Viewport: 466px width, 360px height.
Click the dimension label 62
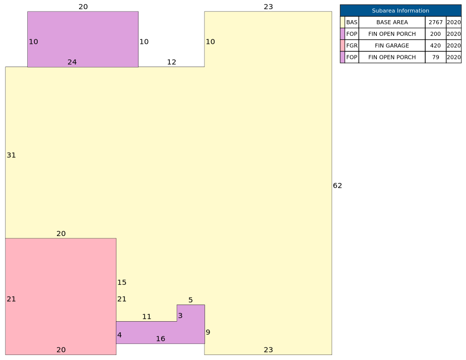coord(338,186)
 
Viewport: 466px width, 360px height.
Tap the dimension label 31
coord(11,155)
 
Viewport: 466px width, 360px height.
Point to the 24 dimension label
coord(72,62)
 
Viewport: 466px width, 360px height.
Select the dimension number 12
coord(171,62)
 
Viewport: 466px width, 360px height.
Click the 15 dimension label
coord(122,282)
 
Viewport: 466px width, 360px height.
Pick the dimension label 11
coord(147,317)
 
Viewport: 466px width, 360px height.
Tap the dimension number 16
coord(161,339)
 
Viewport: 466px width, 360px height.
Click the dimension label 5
coord(190,300)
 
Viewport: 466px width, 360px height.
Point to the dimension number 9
coord(208,332)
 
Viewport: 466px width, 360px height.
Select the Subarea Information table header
coord(401,11)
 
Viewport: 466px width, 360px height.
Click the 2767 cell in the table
coord(435,22)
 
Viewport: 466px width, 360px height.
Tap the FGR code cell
coord(352,45)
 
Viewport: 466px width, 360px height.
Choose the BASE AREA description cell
coord(392,22)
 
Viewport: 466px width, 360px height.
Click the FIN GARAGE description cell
coord(392,45)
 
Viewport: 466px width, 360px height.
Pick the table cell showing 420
coord(435,45)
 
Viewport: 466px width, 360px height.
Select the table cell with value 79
coord(435,57)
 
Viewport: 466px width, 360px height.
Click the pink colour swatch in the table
coord(343,45)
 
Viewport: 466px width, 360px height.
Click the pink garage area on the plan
coord(60,296)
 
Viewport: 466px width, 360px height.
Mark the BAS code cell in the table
coord(352,22)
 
